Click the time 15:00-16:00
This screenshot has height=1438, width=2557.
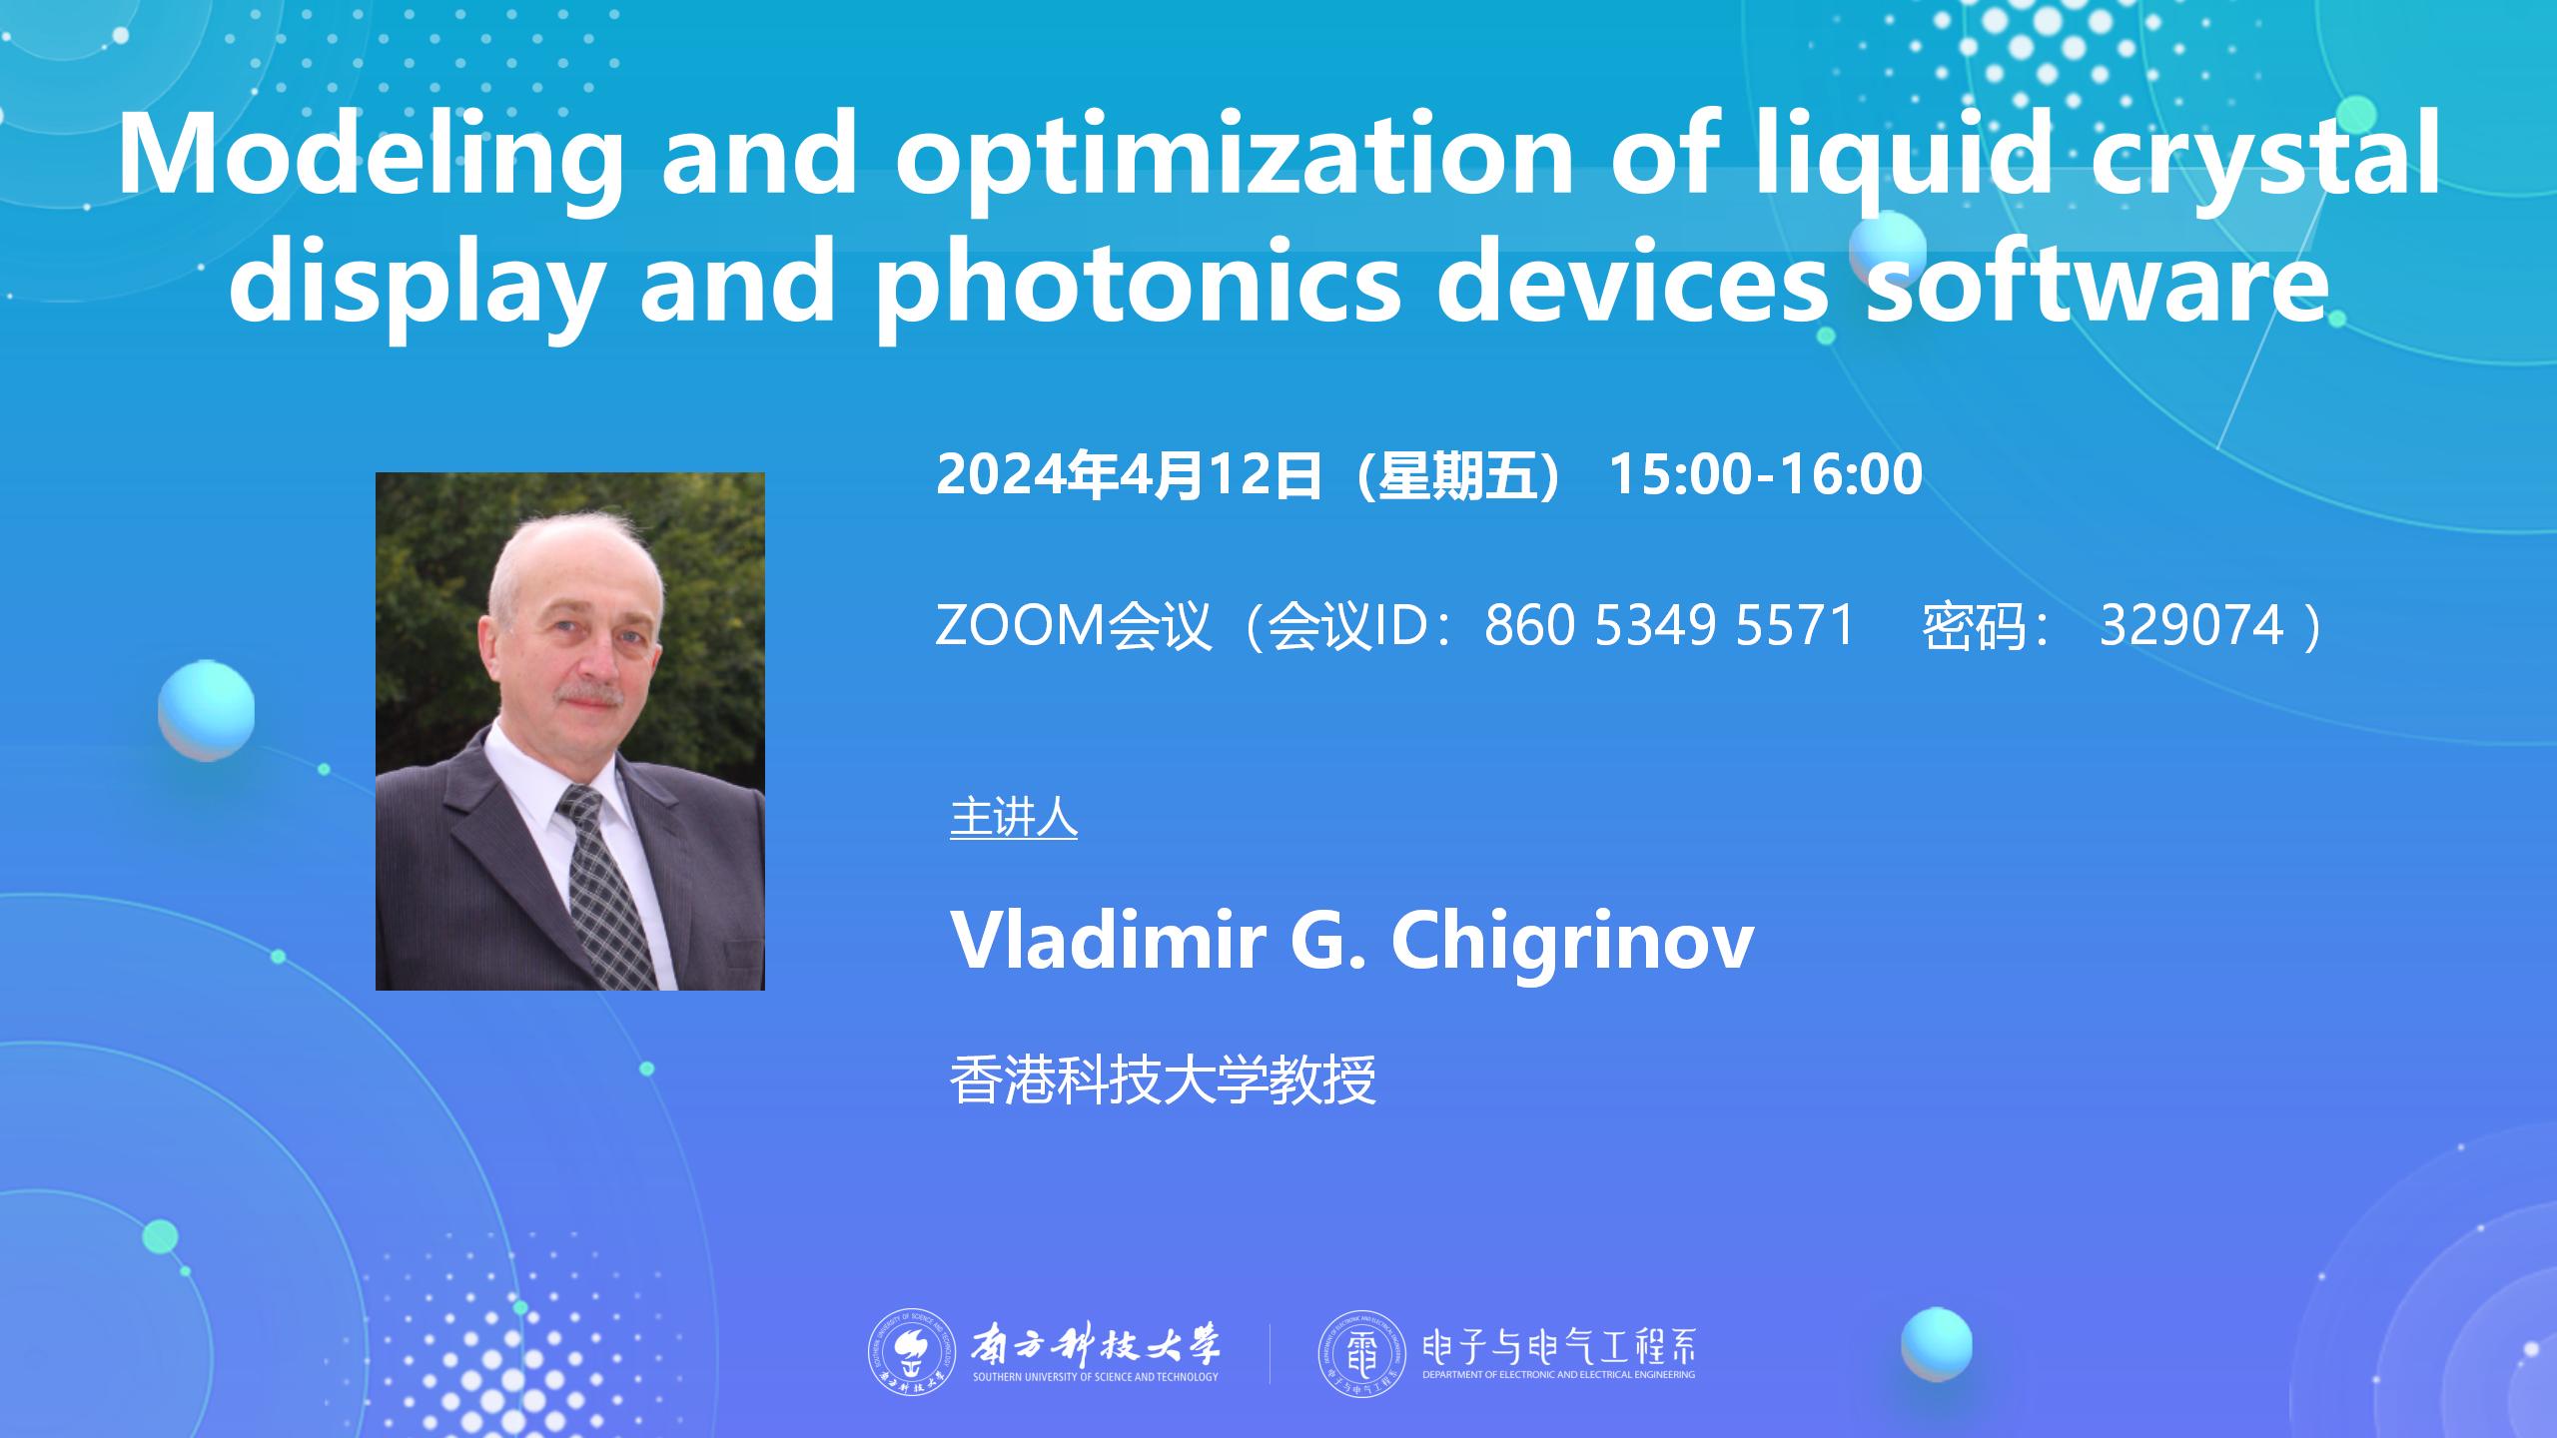coord(1766,473)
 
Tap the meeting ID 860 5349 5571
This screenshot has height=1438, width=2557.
coord(1669,626)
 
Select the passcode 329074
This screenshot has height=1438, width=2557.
coord(2191,626)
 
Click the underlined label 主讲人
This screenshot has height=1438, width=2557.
coord(1014,817)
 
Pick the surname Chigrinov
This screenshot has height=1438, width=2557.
coord(1572,941)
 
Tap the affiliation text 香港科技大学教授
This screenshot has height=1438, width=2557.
coord(1164,1079)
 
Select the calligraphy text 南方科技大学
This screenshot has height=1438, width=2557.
coord(1096,1345)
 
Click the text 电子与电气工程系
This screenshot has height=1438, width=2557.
coord(1558,1347)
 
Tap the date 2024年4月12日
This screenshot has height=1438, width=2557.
coord(1130,473)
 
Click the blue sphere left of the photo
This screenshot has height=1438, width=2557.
coord(206,710)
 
